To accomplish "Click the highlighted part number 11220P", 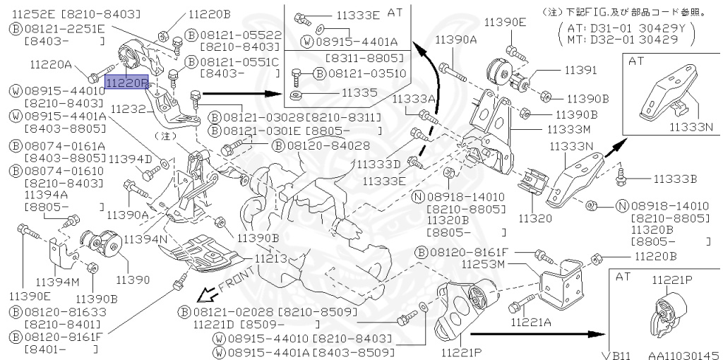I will [126, 82].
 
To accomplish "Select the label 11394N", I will [145, 240].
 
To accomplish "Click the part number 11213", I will [272, 259].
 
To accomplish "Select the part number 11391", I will [580, 70].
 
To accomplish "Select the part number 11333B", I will [675, 179].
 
